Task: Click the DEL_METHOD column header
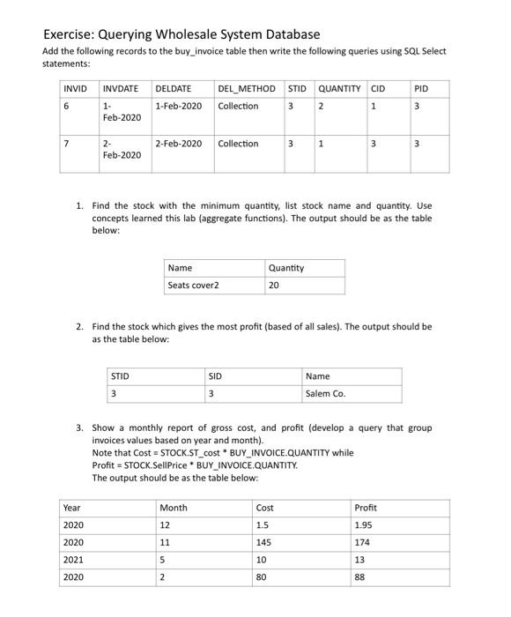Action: click(246, 88)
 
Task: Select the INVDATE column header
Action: click(121, 88)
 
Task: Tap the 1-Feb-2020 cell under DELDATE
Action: click(178, 107)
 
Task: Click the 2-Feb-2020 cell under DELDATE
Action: click(178, 144)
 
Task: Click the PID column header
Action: click(419, 88)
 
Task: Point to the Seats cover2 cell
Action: click(193, 286)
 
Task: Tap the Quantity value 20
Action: click(275, 286)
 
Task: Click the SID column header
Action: click(215, 375)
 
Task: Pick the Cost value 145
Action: click(265, 543)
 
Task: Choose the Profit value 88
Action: click(360, 578)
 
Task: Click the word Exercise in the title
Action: click(74, 34)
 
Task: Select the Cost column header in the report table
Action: click(265, 508)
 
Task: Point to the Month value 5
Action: click(163, 561)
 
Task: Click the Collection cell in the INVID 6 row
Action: click(239, 107)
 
